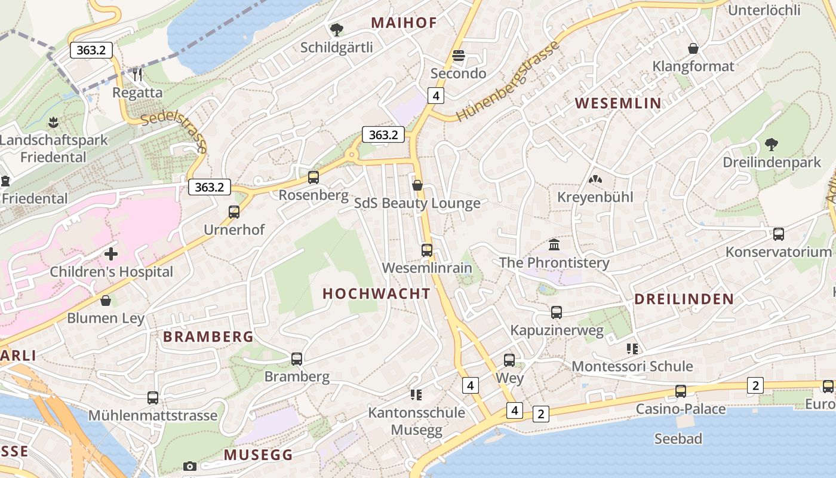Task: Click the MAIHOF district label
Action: point(404,23)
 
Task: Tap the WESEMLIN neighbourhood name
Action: point(618,103)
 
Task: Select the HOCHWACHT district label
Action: point(376,293)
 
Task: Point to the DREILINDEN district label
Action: point(684,299)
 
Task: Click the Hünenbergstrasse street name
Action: point(508,81)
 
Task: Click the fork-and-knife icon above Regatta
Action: point(137,74)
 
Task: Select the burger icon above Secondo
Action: point(459,56)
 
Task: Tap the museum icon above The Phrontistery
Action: point(554,244)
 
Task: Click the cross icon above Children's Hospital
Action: point(111,254)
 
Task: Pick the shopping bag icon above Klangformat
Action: point(693,48)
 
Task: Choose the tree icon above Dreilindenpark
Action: point(772,144)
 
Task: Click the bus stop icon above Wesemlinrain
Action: point(427,250)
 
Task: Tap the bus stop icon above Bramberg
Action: point(297,358)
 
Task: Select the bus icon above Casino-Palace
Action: point(681,391)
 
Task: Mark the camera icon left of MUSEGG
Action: point(190,466)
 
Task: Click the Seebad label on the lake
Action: point(678,439)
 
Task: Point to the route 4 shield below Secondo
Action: point(437,95)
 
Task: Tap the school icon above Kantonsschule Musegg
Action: point(416,394)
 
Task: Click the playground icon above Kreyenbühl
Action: point(595,179)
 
